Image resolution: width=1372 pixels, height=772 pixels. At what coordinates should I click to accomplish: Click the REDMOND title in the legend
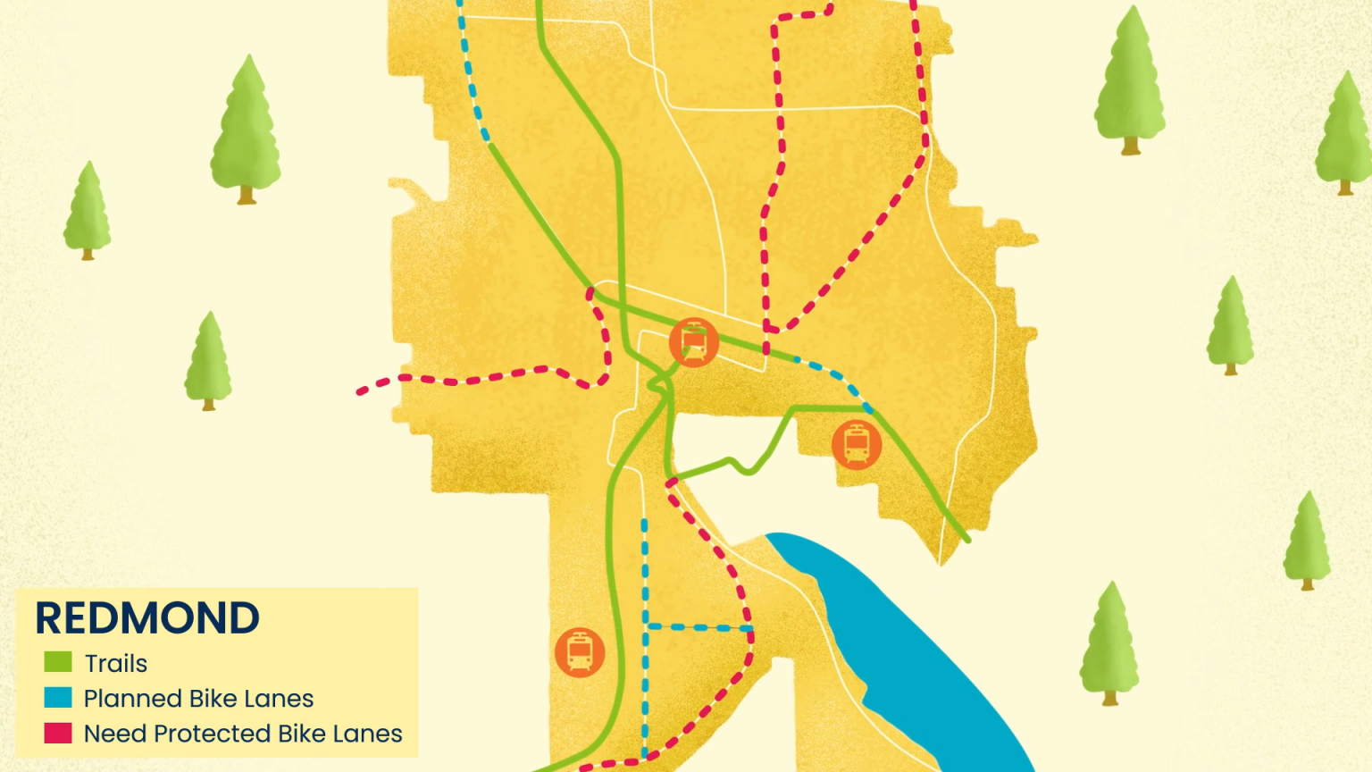tap(147, 618)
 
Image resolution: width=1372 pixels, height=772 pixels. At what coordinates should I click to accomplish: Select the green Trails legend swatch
tap(58, 662)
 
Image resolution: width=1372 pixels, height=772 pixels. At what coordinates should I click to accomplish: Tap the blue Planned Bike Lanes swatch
tap(58, 697)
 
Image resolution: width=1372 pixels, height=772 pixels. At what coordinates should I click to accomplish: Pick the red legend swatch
tap(58, 733)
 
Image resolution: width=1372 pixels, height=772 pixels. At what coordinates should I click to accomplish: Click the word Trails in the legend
tap(116, 664)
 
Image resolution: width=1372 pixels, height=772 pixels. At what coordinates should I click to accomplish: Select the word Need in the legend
tap(115, 734)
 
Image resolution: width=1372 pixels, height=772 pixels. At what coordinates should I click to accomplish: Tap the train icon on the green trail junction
tap(694, 342)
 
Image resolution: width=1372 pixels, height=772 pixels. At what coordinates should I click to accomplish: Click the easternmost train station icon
tap(857, 444)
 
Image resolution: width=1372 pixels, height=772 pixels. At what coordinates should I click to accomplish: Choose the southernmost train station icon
tap(580, 652)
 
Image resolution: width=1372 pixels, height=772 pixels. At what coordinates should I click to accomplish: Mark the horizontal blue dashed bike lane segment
tap(699, 627)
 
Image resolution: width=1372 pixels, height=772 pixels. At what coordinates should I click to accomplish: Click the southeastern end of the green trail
tap(966, 539)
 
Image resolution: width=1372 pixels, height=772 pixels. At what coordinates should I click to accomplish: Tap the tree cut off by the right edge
tap(1346, 134)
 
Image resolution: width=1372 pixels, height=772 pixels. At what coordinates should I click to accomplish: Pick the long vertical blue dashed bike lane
tap(645, 634)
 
